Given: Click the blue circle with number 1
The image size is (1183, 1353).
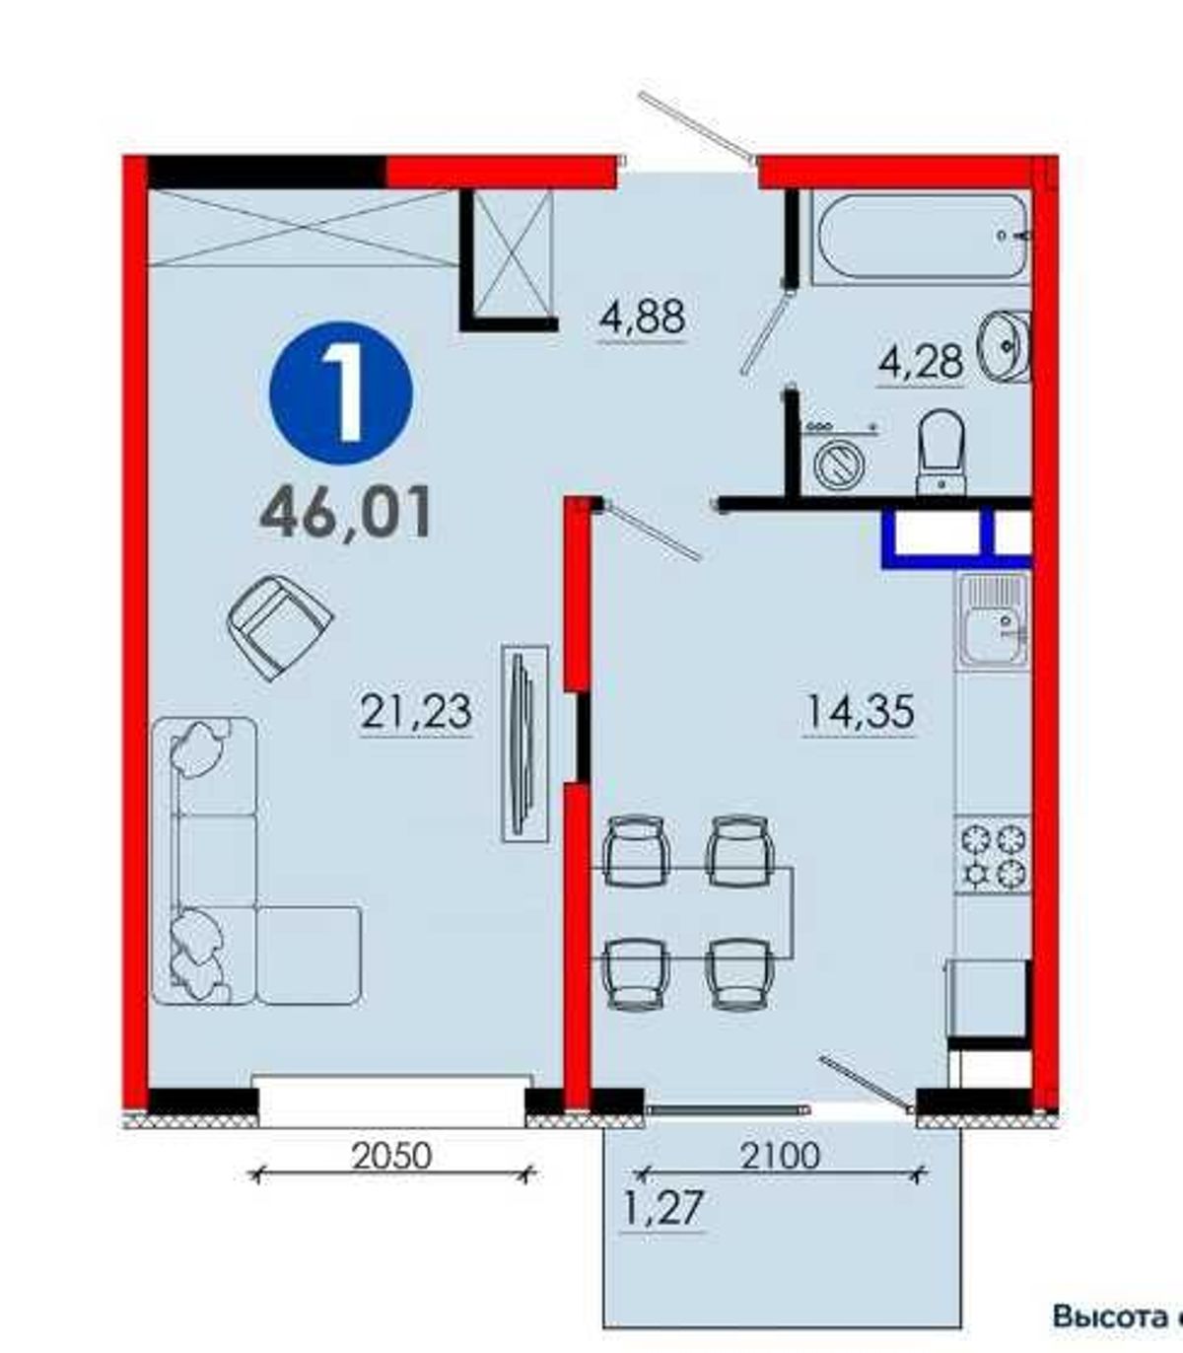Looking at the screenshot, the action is tap(341, 392).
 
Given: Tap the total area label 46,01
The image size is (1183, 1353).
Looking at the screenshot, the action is tap(346, 512).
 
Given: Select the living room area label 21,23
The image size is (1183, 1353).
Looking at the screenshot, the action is tap(416, 712).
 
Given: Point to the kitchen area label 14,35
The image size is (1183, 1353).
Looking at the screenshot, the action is tap(859, 712).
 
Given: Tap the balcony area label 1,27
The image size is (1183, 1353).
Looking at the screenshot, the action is tap(662, 1207).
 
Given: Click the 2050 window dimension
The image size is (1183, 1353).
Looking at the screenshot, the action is tap(391, 1156).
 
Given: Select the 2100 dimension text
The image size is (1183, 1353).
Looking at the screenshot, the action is tap(781, 1156).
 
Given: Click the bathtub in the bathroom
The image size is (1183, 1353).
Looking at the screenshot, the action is tap(923, 236).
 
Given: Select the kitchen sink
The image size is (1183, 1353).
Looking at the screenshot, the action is tap(994, 619).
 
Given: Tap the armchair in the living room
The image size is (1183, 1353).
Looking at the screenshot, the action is tap(280, 627).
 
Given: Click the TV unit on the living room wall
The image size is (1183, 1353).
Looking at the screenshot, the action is tap(525, 744).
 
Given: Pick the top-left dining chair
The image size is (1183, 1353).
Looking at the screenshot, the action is tap(635, 851).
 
